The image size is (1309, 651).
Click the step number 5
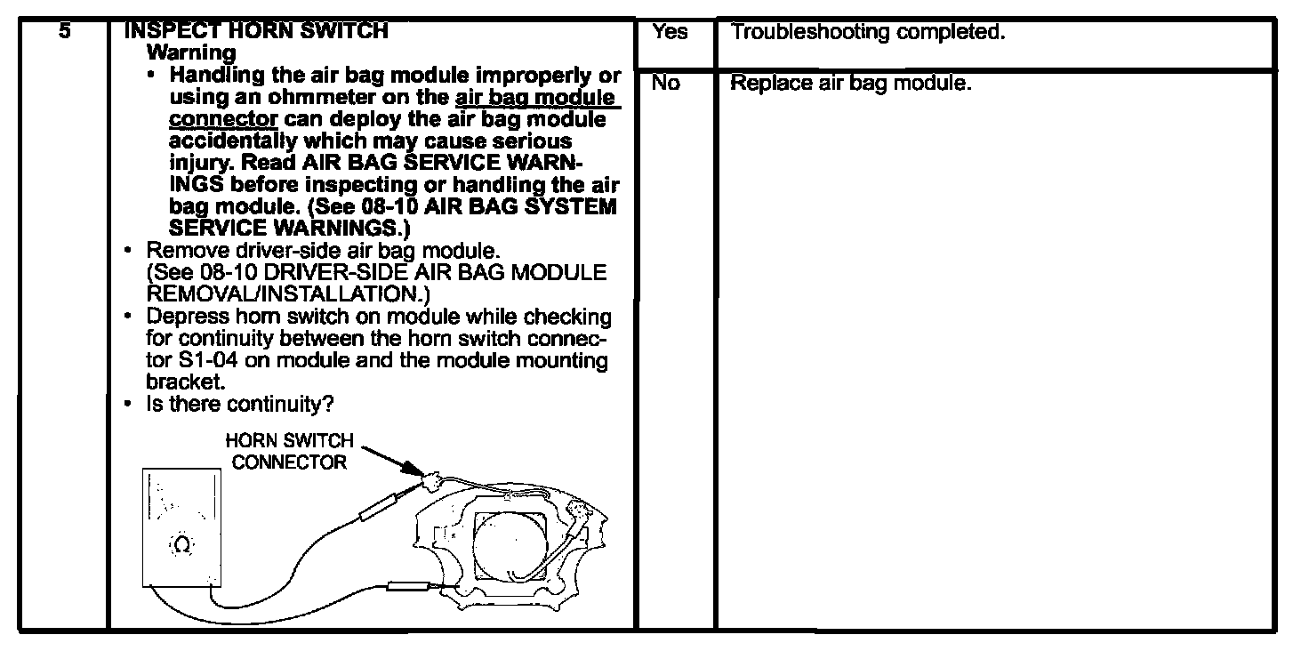65,29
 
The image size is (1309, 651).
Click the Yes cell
670,32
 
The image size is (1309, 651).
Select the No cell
665,84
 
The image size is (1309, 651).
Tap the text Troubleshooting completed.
867,33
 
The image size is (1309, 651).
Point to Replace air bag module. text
850,84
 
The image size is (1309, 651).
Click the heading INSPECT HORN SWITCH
256,30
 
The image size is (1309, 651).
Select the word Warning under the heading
191,52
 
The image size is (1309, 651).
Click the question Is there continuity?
239,405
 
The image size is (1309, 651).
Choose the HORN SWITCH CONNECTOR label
289,451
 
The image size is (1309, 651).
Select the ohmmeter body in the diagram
181,525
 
